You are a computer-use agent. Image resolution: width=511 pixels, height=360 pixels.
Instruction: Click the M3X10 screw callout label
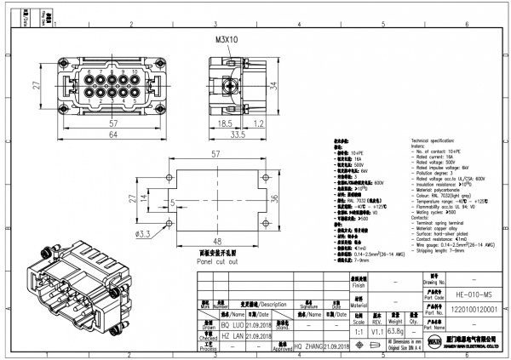click(226, 40)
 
